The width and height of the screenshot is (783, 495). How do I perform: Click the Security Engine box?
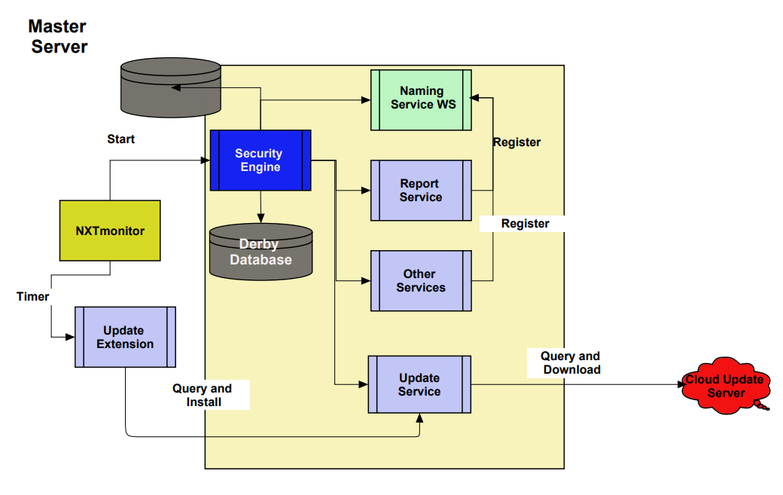pyautogui.click(x=260, y=160)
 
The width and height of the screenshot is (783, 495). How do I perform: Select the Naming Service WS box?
pyautogui.click(x=422, y=98)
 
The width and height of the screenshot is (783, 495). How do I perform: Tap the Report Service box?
pyautogui.click(x=421, y=191)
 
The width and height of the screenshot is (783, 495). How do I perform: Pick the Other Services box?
pyautogui.click(x=421, y=281)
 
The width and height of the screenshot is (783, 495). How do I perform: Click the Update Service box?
pyautogui.click(x=419, y=385)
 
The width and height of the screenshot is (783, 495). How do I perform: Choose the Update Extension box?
pyautogui.click(x=125, y=337)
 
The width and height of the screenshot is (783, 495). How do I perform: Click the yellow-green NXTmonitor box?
pyautogui.click(x=110, y=231)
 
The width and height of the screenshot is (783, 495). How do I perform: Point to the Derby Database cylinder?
pyautogui.click(x=260, y=252)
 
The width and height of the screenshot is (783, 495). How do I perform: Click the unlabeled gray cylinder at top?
pyautogui.click(x=171, y=89)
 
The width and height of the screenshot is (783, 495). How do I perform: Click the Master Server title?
pyautogui.click(x=58, y=36)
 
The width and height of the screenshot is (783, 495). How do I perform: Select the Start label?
pyautogui.click(x=121, y=139)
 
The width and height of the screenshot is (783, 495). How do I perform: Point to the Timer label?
pyautogui.click(x=33, y=297)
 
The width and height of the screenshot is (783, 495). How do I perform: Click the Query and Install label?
pyautogui.click(x=203, y=396)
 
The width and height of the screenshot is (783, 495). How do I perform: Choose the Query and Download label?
pyautogui.click(x=571, y=362)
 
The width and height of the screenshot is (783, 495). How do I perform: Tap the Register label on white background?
pyautogui.click(x=526, y=224)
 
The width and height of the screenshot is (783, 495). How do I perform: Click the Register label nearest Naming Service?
pyautogui.click(x=516, y=142)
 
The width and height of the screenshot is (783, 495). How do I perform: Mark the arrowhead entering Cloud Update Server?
pyautogui.click(x=678, y=384)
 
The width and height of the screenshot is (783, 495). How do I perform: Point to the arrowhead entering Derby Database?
pyautogui.click(x=260, y=220)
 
